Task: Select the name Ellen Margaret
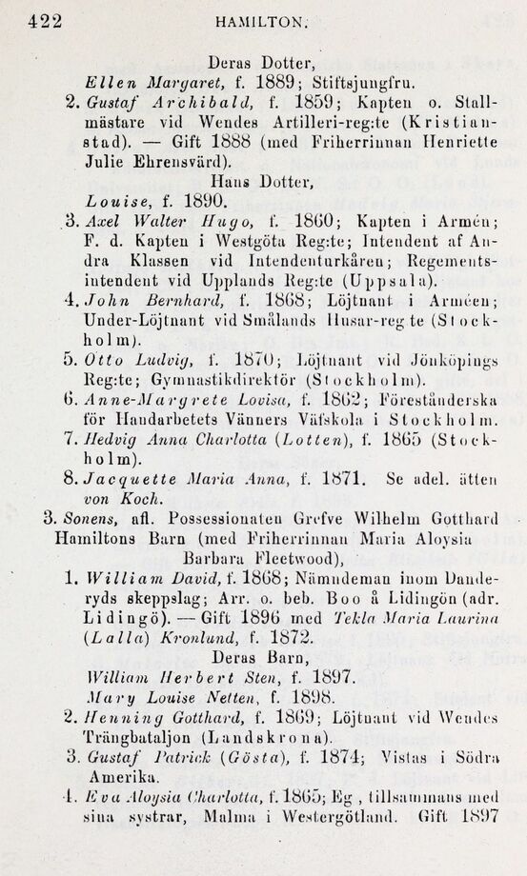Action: [x=137, y=80]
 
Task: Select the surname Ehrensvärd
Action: [x=172, y=161]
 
